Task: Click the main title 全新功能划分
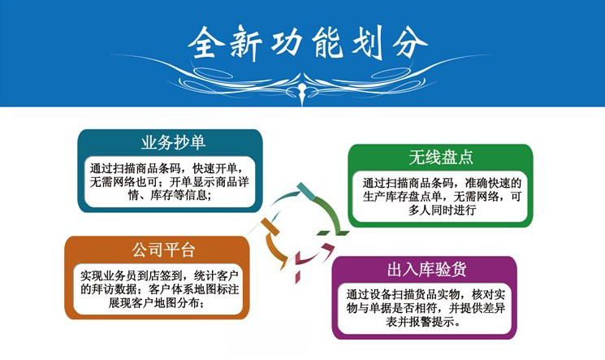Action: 308,42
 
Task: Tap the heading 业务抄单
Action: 173,142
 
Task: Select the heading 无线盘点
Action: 441,157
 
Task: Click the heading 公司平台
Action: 163,249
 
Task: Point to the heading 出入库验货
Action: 426,269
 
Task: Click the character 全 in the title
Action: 205,42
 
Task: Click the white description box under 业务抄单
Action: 171,181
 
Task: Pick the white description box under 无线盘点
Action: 441,197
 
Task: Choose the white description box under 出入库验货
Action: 425,308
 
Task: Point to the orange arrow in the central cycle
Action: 272,243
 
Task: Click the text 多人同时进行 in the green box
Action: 442,210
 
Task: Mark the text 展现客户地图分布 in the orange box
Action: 153,303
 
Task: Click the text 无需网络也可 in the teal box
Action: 123,182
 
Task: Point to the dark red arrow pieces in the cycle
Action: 313,259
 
